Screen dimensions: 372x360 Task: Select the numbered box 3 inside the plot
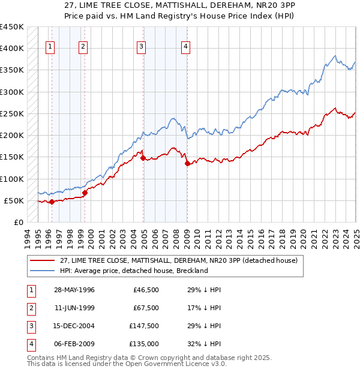pos(141,47)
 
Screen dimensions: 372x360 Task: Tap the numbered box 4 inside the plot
pos(186,47)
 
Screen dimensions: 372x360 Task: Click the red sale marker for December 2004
pos(143,158)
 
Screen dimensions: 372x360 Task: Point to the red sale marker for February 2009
pos(187,163)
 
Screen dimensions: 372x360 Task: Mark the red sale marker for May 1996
pos(52,202)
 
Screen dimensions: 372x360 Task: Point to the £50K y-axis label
pos(14,200)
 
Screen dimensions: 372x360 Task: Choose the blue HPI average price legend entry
pos(133,271)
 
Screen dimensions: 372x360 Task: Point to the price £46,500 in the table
pos(145,290)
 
